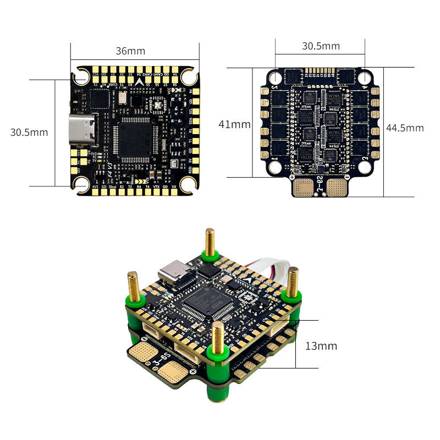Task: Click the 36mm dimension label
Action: coord(130,51)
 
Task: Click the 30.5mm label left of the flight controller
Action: coord(29,133)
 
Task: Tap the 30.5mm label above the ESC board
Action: coord(321,46)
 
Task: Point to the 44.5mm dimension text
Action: coord(405,128)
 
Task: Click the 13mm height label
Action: coord(321,346)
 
